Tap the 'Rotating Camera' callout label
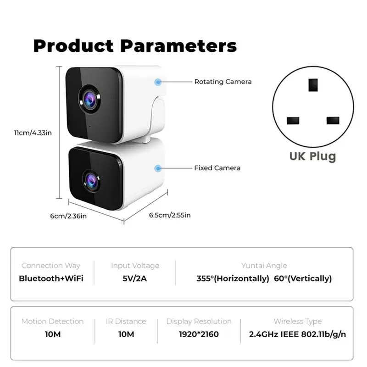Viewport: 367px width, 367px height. point(223,82)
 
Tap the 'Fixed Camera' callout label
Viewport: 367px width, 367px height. point(217,168)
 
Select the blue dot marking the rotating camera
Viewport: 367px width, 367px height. point(158,82)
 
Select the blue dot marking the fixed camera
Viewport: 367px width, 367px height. point(158,168)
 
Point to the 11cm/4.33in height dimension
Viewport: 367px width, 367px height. point(32,133)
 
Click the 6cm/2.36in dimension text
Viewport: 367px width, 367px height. point(68,216)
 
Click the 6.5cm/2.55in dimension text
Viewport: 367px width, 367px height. point(170,215)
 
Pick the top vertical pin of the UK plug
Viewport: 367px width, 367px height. point(313,84)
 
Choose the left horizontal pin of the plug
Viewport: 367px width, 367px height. point(293,121)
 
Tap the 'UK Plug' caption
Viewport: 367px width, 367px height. point(312,156)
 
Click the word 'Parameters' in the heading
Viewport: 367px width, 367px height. point(178,46)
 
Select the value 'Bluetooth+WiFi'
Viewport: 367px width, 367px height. point(51,278)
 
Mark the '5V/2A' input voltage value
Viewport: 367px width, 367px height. point(135,278)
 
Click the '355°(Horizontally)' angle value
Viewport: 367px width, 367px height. point(233,278)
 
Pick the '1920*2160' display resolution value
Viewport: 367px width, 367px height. point(199,334)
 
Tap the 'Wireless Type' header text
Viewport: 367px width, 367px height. point(298,322)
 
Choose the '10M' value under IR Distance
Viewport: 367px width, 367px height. point(126,334)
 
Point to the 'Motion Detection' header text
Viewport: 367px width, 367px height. point(52,322)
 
